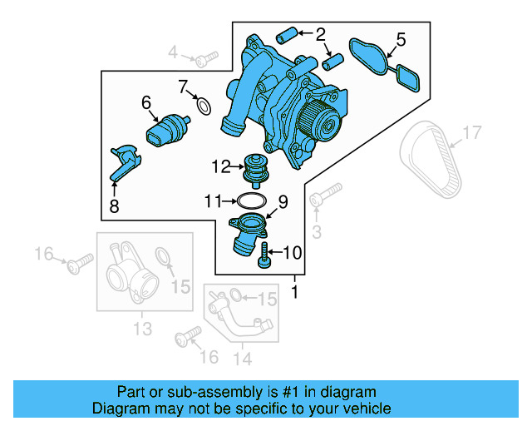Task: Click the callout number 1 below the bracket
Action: click(293, 292)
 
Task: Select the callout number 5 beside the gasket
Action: click(401, 39)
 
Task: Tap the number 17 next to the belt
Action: click(471, 131)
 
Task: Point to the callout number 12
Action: click(219, 166)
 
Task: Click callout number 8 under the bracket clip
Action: click(114, 206)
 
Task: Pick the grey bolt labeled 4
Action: click(205, 57)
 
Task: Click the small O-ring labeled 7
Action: click(202, 105)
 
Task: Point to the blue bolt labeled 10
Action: click(265, 255)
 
